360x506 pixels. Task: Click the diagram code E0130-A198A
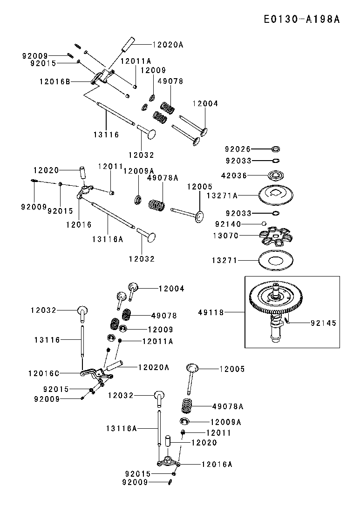[301, 19]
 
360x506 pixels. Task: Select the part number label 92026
[238, 149]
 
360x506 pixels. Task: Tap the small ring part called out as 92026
[276, 149]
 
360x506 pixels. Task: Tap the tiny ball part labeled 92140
[264, 223]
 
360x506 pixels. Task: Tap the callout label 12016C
[44, 373]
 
